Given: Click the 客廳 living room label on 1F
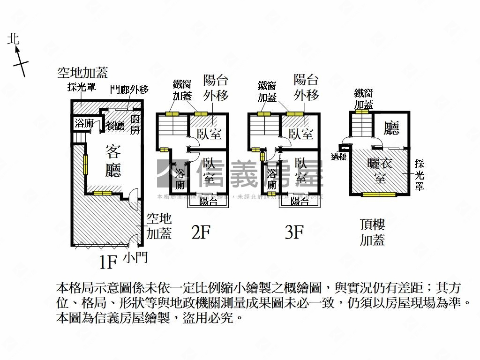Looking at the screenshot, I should click(x=113, y=161).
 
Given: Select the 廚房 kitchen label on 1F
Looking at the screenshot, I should click(x=135, y=124).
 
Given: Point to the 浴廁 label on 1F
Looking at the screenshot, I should click(x=84, y=124).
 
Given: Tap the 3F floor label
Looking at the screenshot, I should click(x=294, y=232).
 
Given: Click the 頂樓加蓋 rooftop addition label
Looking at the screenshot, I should click(x=372, y=232).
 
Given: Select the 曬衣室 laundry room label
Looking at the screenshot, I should click(x=380, y=171).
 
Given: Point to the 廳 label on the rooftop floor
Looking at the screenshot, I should click(x=391, y=127).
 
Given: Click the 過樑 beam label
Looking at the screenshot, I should click(x=338, y=157).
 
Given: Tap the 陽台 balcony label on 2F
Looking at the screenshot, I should click(x=208, y=202).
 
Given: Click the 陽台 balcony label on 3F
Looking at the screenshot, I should click(x=300, y=202).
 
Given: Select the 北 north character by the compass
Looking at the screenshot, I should click(x=13, y=39).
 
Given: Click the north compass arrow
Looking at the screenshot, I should click(x=20, y=61).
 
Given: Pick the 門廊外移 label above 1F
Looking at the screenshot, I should click(x=129, y=89).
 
